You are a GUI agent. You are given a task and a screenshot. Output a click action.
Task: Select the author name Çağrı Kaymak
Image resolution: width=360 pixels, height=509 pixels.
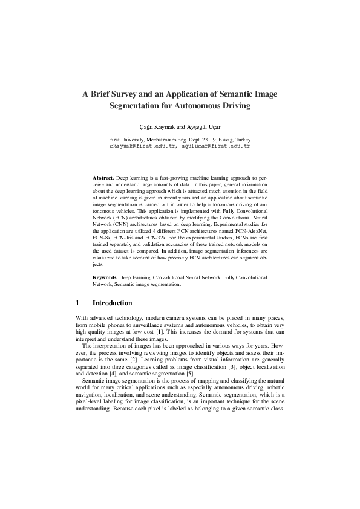[156, 127]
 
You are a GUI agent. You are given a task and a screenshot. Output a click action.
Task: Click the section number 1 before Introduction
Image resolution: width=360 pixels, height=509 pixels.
[78, 302]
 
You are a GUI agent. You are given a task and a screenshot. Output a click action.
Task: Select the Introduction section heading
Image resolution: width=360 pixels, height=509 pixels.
[112, 302]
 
